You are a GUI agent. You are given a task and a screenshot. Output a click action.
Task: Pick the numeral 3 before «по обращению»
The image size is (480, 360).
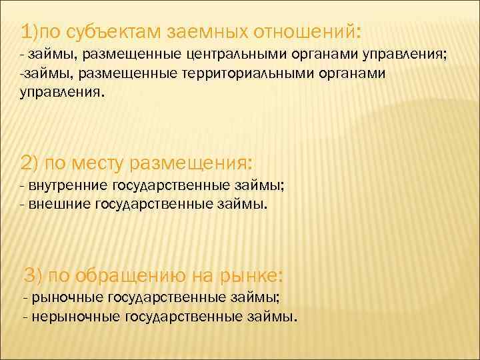(x=29, y=274)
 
